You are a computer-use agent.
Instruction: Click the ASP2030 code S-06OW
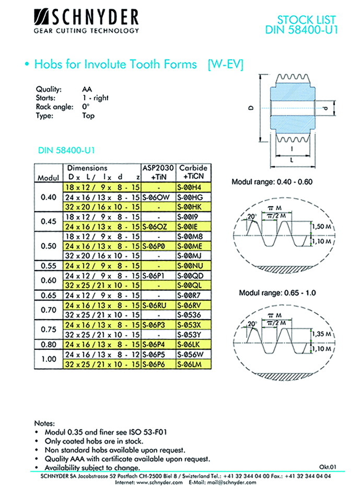157,197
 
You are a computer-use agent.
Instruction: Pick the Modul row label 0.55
48,266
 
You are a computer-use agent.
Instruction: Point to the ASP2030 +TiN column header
157,173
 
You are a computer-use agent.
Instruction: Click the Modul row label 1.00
48,359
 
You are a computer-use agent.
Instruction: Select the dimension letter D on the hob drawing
251,108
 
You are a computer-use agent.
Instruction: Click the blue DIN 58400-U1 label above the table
65,151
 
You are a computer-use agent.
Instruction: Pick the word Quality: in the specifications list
49,89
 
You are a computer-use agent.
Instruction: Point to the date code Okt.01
328,467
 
